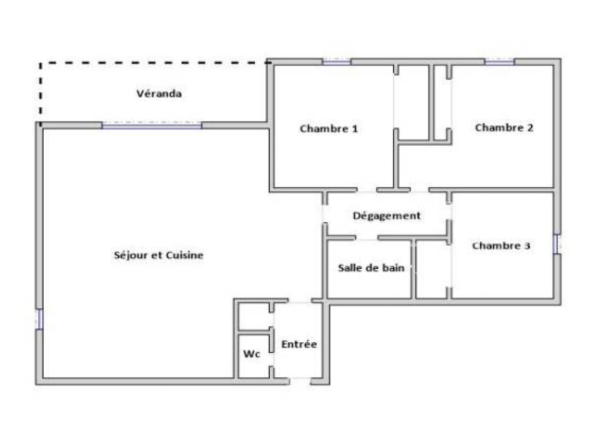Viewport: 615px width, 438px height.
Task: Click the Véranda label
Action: pyautogui.click(x=159, y=94)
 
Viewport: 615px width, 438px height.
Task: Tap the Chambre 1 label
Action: pyautogui.click(x=328, y=129)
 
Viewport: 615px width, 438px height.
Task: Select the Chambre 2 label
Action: pyautogui.click(x=504, y=128)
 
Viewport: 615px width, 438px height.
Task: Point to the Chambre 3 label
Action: pyautogui.click(x=501, y=246)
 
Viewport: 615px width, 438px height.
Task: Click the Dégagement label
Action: pyautogui.click(x=386, y=216)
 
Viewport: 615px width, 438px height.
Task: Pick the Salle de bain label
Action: pyautogui.click(x=371, y=268)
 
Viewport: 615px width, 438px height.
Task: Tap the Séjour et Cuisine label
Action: pyautogui.click(x=159, y=255)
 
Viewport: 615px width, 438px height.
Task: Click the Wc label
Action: pyautogui.click(x=251, y=354)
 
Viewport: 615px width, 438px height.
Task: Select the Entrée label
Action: pyautogui.click(x=299, y=344)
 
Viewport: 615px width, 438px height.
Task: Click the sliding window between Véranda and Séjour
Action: pyautogui.click(x=152, y=125)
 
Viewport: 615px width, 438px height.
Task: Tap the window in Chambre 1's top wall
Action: pyautogui.click(x=336, y=62)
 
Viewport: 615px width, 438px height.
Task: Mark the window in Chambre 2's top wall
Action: pyautogui.click(x=499, y=62)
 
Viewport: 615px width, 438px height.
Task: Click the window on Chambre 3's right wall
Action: pyautogui.click(x=557, y=245)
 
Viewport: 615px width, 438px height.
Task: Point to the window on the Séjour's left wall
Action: pyautogui.click(x=39, y=319)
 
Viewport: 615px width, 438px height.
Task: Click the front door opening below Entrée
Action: pyautogui.click(x=300, y=381)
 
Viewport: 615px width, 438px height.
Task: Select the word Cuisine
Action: pyautogui.click(x=184, y=255)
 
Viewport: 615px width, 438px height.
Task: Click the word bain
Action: pyautogui.click(x=394, y=268)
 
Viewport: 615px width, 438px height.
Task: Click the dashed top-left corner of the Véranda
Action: pyautogui.click(x=41, y=63)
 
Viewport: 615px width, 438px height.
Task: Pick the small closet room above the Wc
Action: pyautogui.click(x=253, y=316)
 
